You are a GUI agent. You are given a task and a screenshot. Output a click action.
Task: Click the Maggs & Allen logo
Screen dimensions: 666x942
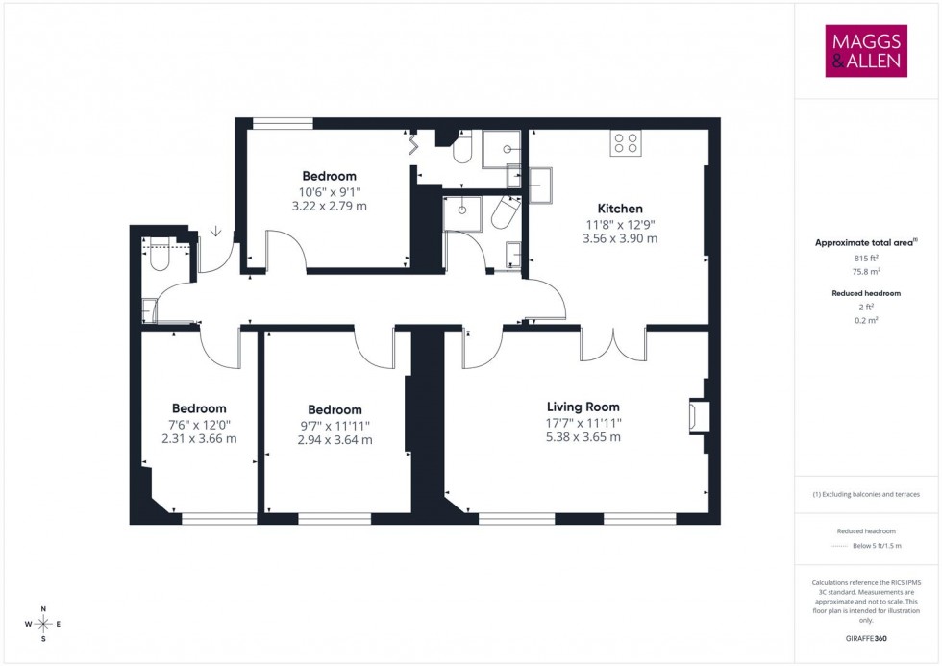[x=866, y=51]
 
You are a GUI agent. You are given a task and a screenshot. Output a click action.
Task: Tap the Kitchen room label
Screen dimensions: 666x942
[x=620, y=209]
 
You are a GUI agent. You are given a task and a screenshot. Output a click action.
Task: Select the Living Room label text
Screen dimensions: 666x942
[x=583, y=407]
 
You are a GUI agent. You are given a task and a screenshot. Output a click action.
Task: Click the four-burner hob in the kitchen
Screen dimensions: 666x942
[x=626, y=144]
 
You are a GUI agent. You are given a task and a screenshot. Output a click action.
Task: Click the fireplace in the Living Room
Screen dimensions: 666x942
[x=696, y=416]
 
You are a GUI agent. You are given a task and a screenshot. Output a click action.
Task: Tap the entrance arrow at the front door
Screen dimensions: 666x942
[x=215, y=231]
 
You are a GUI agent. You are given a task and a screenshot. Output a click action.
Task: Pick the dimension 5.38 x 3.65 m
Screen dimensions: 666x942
[x=583, y=437]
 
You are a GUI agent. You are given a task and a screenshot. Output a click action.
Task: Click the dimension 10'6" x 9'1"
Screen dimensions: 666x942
[x=329, y=191]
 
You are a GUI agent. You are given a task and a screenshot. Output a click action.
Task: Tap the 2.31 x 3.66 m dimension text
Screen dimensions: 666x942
[x=199, y=439]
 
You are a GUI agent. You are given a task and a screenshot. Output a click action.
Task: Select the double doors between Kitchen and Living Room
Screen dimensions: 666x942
[x=612, y=342]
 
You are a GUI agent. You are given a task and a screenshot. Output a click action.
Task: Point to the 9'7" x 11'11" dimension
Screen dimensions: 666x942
[x=335, y=425]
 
